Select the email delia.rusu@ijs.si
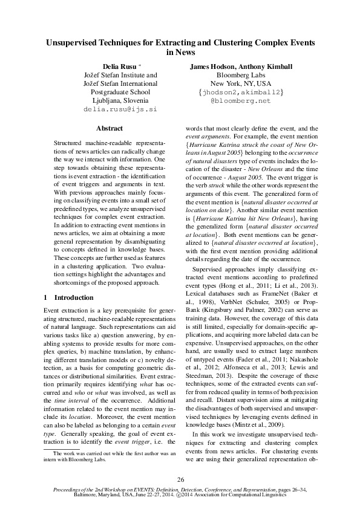coord(120,109)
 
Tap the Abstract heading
coord(110,128)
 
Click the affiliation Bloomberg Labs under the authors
coord(241,75)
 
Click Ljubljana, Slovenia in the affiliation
coord(120,100)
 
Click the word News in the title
coord(180,53)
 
